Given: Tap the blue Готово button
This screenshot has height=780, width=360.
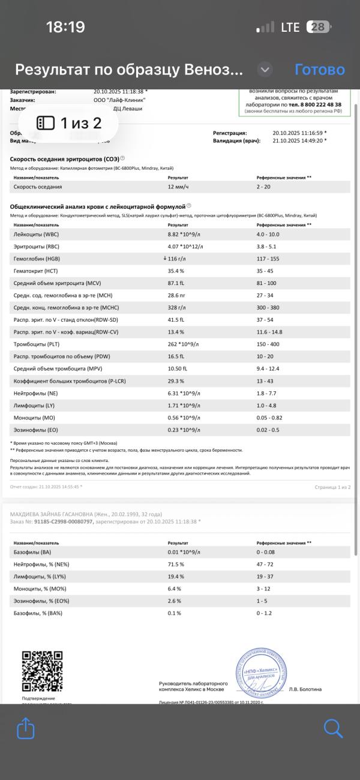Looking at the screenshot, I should point(319,70).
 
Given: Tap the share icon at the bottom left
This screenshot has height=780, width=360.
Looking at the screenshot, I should point(26,729).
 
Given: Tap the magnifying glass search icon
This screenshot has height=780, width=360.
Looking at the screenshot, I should point(333,729).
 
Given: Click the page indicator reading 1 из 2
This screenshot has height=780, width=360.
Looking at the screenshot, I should point(70,123).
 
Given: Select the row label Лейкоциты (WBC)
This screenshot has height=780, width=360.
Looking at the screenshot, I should point(36,234).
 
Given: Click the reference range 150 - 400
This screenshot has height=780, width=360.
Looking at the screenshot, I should point(268,344).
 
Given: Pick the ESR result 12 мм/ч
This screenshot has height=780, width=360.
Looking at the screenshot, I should point(179,187).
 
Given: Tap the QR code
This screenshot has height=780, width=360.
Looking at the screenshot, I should point(43,671).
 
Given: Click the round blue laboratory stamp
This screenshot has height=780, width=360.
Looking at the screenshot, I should point(260,671).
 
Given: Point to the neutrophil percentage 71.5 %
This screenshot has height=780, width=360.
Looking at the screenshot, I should point(176,565).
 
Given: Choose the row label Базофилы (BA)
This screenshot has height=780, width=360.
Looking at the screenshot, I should point(33,552).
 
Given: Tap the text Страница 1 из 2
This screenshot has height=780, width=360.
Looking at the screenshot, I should point(332,487).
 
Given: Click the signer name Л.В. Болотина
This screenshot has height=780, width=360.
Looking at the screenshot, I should point(305,689).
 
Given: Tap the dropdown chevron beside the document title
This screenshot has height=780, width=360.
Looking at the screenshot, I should point(265,70).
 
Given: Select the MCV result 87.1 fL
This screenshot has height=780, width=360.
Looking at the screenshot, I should point(178,283).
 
